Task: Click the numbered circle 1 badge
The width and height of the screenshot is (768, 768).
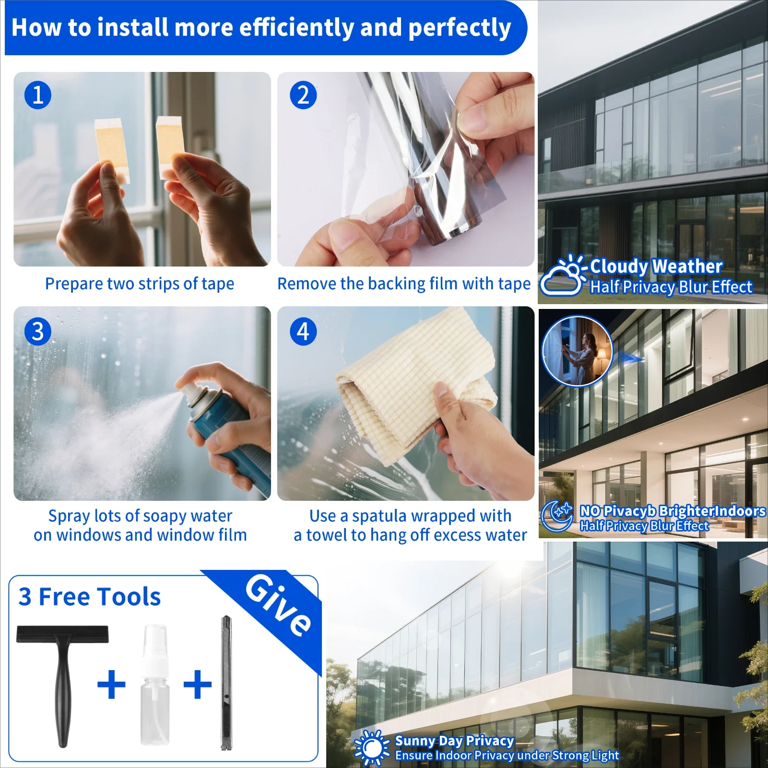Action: click(38, 95)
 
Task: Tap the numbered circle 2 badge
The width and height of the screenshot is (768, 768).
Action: click(303, 95)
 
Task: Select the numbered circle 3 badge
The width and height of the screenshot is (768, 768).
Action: click(38, 331)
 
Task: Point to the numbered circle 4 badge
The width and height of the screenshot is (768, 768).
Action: click(303, 331)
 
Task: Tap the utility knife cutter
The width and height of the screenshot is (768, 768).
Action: click(226, 683)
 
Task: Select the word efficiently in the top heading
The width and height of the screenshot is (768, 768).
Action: click(296, 27)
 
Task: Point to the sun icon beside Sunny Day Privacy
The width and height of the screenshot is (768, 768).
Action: click(372, 747)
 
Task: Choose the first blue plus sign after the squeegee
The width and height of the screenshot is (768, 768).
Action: click(111, 684)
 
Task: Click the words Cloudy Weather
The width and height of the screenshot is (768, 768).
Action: click(656, 266)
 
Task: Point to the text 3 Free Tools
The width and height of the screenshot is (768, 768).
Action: click(90, 597)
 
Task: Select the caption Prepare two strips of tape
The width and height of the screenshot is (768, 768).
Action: click(140, 284)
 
